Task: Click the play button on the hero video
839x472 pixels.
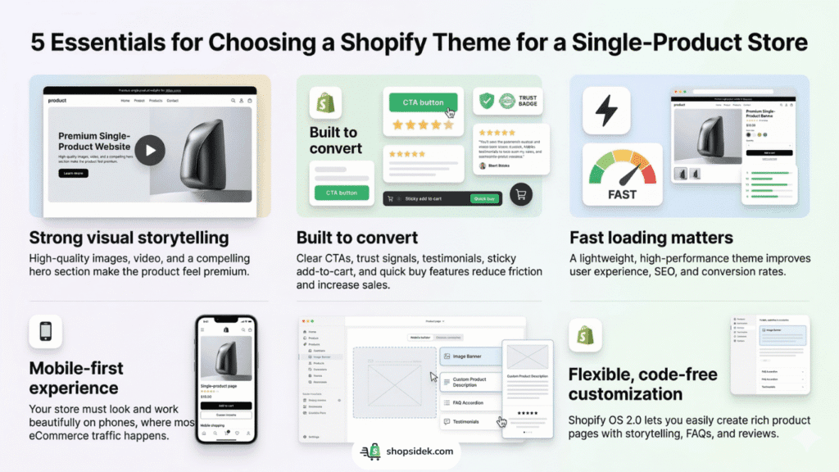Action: click(x=150, y=151)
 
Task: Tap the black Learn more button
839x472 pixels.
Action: click(x=74, y=173)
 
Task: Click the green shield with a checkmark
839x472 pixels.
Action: click(x=487, y=102)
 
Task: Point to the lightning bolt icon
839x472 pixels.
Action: click(x=606, y=110)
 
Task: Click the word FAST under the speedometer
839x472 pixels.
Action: click(x=623, y=194)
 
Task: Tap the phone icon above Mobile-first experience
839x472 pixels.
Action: click(x=46, y=332)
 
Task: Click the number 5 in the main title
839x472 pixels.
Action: click(x=39, y=43)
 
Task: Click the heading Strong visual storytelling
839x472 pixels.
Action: click(x=129, y=238)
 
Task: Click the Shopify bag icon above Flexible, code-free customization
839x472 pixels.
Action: click(x=585, y=335)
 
